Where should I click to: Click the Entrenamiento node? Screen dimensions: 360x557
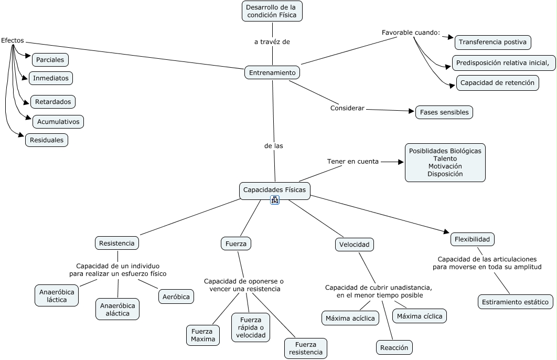pos(272,72)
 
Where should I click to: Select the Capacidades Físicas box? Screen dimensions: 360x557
pos(274,189)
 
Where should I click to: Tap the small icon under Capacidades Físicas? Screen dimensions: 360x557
pos(275,200)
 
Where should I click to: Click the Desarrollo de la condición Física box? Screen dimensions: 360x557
pos(272,11)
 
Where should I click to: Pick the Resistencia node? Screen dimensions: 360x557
pos(117,242)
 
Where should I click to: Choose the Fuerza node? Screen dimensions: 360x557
pos(236,243)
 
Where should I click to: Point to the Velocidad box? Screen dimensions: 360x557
pos(355,244)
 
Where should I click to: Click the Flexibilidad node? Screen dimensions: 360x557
pos(472,239)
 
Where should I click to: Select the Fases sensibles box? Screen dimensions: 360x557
pos(444,112)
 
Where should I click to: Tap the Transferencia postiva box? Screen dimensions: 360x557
pos(493,43)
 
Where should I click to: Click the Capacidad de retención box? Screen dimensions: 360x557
pos(498,82)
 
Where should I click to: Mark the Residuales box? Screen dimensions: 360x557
pos(47,140)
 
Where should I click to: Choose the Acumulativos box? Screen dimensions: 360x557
pos(58,122)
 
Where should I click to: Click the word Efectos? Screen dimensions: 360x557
pos(12,40)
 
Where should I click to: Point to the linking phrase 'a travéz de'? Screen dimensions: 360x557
pos(272,42)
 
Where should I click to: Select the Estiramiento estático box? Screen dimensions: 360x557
pos(516,302)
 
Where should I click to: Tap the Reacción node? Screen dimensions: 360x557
pos(394,347)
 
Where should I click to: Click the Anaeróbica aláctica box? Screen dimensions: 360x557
pos(117,309)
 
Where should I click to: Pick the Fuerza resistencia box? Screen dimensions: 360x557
pos(306,348)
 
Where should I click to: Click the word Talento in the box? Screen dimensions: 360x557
pos(445,158)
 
